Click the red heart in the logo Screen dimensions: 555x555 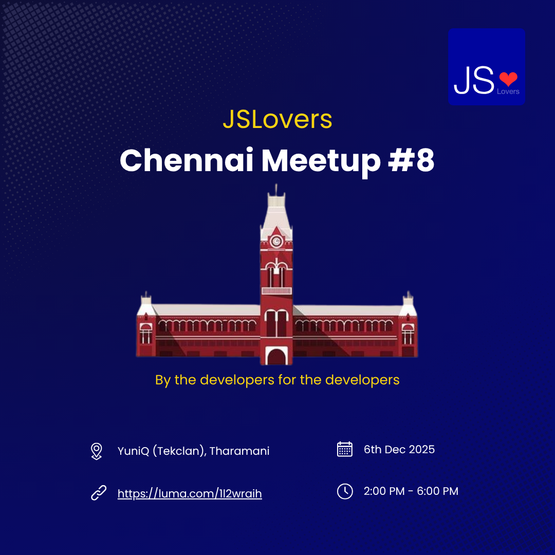click(x=508, y=79)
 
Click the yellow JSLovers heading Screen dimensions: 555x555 click(x=277, y=119)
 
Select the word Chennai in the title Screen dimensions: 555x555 click(x=187, y=160)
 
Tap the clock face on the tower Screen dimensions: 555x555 click(x=276, y=241)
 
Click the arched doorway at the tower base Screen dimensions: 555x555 click(x=276, y=356)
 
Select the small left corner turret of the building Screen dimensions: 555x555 click(x=146, y=306)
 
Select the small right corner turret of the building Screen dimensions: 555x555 click(x=408, y=306)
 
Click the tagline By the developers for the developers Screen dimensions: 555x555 click(x=277, y=380)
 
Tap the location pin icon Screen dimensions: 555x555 click(x=96, y=451)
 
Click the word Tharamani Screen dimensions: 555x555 click(x=239, y=451)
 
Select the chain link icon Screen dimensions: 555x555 click(x=98, y=493)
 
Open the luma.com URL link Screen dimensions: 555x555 click(x=190, y=494)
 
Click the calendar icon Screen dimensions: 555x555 click(x=344, y=449)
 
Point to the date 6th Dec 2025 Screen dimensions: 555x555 click(x=399, y=450)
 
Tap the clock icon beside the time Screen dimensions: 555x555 click(x=344, y=491)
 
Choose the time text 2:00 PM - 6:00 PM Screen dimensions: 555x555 click(x=411, y=491)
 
